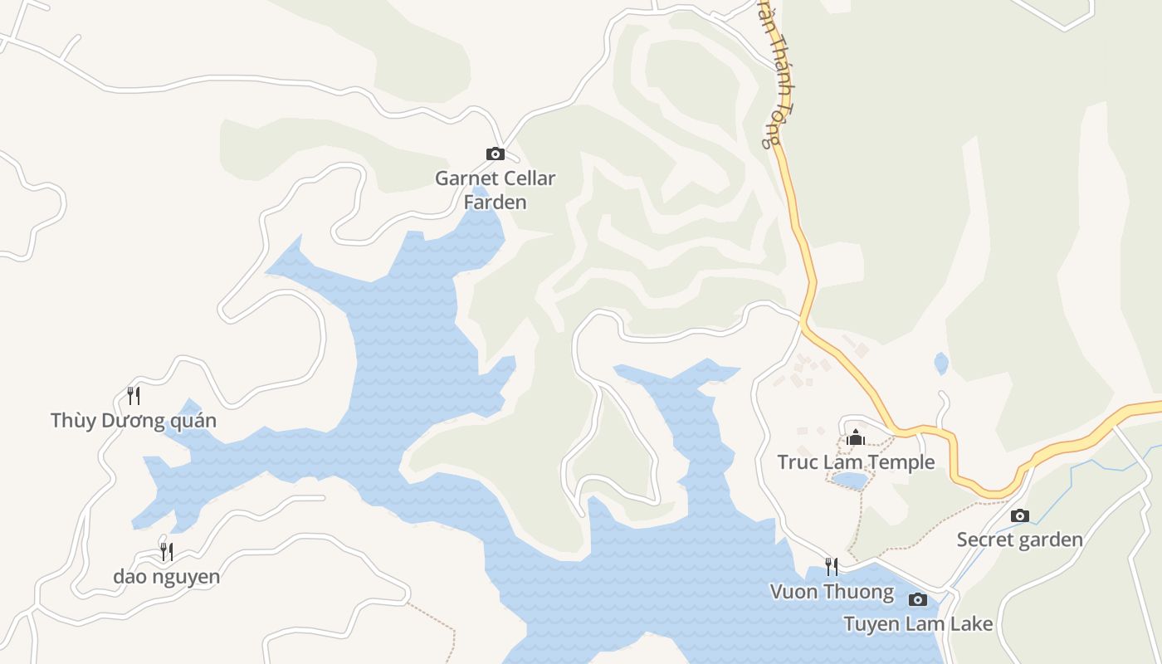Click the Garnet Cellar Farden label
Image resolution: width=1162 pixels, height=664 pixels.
495,190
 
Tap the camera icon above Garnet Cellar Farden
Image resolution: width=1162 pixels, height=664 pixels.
495,154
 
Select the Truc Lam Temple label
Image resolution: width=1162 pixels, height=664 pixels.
856,462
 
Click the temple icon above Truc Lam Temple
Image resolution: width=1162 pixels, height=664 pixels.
856,437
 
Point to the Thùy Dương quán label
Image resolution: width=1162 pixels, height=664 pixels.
134,421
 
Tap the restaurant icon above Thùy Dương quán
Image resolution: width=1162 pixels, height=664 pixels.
134,395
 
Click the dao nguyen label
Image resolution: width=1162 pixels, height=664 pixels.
167,577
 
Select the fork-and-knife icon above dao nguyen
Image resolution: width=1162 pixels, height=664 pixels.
167,551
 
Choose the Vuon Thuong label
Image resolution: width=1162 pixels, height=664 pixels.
832,592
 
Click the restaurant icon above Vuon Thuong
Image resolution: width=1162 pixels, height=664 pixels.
831,566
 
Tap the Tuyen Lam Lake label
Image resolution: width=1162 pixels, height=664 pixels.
918,624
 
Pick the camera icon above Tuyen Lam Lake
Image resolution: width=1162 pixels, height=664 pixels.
917,599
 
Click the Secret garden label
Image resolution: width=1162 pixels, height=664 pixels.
1019,540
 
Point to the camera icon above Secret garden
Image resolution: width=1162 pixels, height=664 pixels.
1020,515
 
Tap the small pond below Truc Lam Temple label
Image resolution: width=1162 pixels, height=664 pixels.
849,481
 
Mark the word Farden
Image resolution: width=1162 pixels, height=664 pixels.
495,203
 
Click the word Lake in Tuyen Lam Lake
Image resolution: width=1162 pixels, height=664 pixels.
970,624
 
